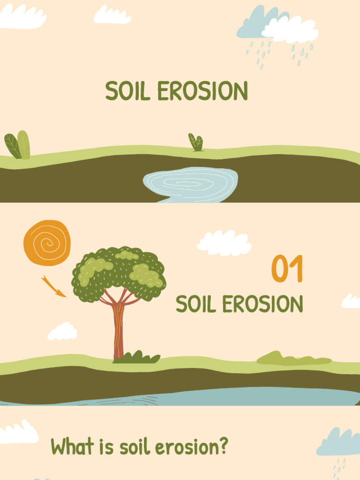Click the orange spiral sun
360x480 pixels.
[47, 243]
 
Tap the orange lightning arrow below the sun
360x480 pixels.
[53, 286]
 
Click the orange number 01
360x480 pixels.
[287, 269]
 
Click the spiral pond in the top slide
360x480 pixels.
[191, 184]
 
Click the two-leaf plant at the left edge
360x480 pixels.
[17, 145]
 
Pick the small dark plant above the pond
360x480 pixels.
[196, 142]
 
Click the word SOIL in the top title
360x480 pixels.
[127, 91]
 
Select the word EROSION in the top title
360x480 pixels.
[202, 91]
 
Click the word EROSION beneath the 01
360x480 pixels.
[262, 304]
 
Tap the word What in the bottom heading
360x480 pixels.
[71, 446]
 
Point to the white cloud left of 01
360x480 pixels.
[224, 243]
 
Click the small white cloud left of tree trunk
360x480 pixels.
[62, 331]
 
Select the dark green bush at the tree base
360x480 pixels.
[136, 358]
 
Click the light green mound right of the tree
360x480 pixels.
[292, 359]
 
